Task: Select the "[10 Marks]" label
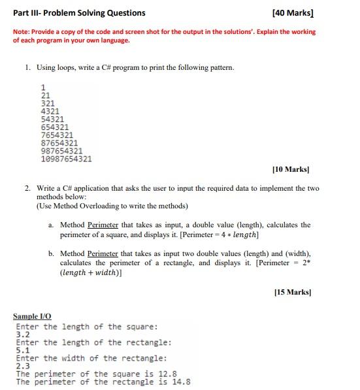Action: [290, 170]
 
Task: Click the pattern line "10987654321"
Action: [66, 159]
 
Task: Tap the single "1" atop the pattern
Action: [43, 88]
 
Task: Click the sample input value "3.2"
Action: [22, 334]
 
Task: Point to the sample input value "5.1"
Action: [22, 350]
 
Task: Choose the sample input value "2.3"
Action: [22, 366]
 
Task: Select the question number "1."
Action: [28, 67]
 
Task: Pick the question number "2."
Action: [28, 188]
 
